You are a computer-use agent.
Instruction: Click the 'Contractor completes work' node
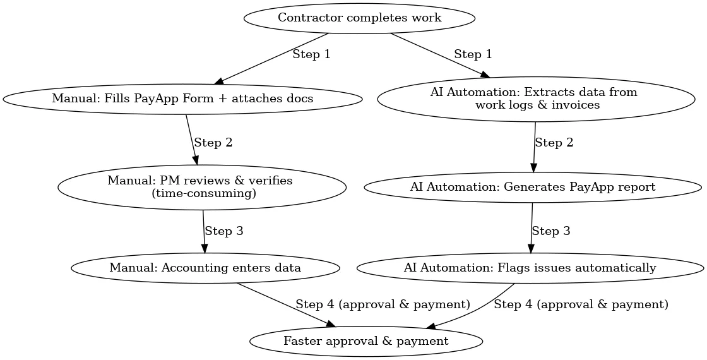click(359, 18)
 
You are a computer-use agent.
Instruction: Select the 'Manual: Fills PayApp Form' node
click(182, 99)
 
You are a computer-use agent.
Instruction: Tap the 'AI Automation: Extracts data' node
click(533, 99)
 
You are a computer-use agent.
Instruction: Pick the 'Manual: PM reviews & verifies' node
click(202, 187)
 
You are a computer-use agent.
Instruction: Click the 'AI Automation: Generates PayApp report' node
click(533, 187)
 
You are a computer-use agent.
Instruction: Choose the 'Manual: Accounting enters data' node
click(205, 268)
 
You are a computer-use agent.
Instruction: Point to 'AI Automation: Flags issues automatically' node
click(530, 268)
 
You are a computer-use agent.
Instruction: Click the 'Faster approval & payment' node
click(366, 341)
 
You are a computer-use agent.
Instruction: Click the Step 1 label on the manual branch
click(311, 54)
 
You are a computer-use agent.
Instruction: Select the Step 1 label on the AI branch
click(473, 54)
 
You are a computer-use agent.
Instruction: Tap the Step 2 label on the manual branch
click(213, 143)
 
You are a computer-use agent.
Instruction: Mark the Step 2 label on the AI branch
click(554, 143)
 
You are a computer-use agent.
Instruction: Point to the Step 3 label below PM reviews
click(223, 231)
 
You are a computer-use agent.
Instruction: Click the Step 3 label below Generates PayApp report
click(550, 231)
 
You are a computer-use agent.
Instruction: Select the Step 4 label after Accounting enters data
click(383, 304)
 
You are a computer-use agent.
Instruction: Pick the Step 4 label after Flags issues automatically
click(580, 304)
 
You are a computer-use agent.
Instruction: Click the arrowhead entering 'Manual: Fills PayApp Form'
click(219, 81)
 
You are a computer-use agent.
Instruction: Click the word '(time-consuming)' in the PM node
click(204, 194)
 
